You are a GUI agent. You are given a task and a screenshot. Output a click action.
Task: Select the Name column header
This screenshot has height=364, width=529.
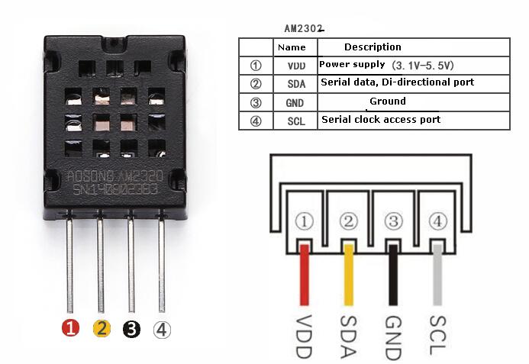point(292,47)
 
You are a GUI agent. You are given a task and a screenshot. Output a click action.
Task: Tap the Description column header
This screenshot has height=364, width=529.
point(373,47)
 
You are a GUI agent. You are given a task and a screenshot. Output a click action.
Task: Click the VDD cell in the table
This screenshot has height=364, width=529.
point(296,66)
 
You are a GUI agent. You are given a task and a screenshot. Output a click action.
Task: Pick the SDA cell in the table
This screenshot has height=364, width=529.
point(296,84)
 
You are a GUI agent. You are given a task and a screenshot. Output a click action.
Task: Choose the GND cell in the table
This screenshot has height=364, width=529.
point(295,103)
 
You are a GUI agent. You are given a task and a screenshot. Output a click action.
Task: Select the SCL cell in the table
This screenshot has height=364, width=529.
point(296,121)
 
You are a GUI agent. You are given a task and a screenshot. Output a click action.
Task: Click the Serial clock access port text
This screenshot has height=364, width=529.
point(381,120)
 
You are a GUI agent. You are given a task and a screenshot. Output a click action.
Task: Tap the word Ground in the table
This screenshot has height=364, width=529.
point(388,101)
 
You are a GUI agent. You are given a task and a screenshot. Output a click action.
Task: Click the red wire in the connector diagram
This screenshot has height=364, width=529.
point(305,275)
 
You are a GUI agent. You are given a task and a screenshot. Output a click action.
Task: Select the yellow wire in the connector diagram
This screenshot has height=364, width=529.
point(349,275)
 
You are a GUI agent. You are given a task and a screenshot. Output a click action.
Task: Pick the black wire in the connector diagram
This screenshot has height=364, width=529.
point(393,275)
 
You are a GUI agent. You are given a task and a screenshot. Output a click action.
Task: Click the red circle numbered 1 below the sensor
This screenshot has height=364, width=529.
point(70,329)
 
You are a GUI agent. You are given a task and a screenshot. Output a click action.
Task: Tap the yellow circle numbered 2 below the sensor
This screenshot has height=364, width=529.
point(102,329)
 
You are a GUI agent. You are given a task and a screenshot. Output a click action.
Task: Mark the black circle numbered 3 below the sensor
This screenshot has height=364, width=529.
point(131,329)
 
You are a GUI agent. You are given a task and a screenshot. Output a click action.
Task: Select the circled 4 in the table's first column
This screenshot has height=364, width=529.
point(256,121)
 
